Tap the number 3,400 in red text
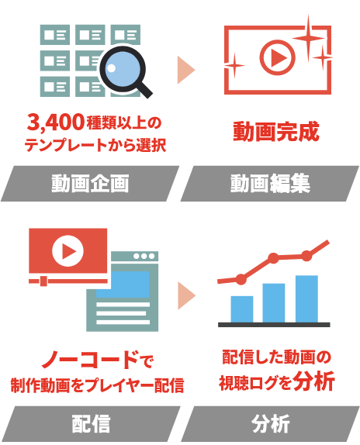pyautogui.click(x=56, y=122)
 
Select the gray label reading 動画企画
pyautogui.click(x=90, y=184)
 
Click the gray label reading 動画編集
pyautogui.click(x=270, y=184)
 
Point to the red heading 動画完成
pyautogui.click(x=276, y=131)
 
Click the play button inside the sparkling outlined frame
pyautogui.click(x=278, y=57)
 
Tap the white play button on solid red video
pyautogui.click(x=67, y=251)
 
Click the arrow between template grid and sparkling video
pyautogui.click(x=186, y=70)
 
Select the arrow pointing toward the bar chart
pyautogui.click(x=186, y=295)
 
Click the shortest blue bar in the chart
pyautogui.click(x=242, y=309)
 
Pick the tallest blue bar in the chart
pyautogui.click(x=306, y=298)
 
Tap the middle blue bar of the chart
pyautogui.click(x=274, y=303)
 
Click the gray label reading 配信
pyautogui.click(x=90, y=424)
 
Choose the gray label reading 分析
pyautogui.click(x=270, y=424)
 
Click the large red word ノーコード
pyautogui.click(x=91, y=360)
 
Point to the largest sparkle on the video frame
pyautogui.click(x=309, y=38)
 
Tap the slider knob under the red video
pyautogui.click(x=43, y=281)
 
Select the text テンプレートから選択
pyautogui.click(x=95, y=145)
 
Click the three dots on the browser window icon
pyautogui.click(x=144, y=257)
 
